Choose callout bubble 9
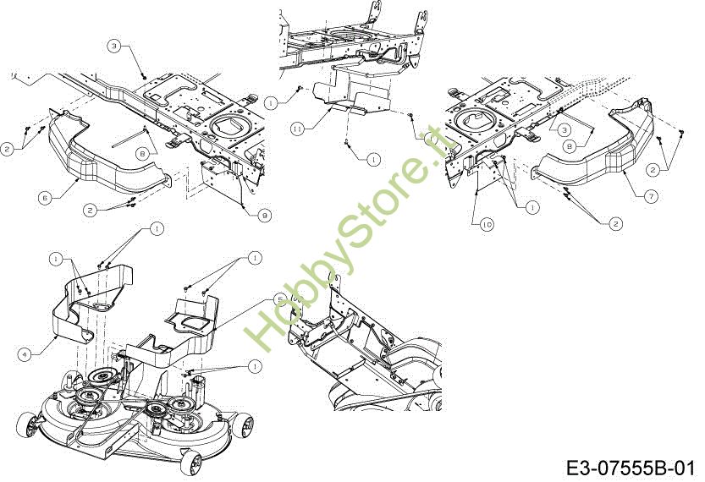coord(265,216)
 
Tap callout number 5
coord(280,299)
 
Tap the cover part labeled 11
coord(347,93)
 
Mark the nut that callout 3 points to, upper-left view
coord(145,75)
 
